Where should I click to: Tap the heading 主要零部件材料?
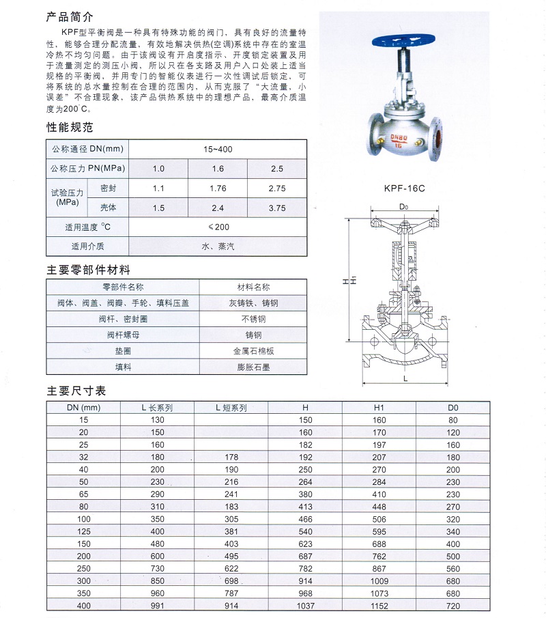pyautogui.click(x=88, y=270)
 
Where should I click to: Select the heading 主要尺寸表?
pyautogui.click(x=76, y=392)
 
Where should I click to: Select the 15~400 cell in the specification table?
pyautogui.click(x=217, y=149)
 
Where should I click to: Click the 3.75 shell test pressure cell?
pyautogui.click(x=277, y=208)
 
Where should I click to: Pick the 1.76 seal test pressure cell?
pyautogui.click(x=217, y=188)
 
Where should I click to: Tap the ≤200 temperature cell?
pyautogui.click(x=217, y=227)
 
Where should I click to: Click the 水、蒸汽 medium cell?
pyautogui.click(x=217, y=247)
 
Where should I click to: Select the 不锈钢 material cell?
pyautogui.click(x=253, y=319)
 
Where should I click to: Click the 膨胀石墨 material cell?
pyautogui.click(x=253, y=367)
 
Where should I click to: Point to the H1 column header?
pyautogui.click(x=379, y=408)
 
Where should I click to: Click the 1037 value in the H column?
pyautogui.click(x=305, y=606)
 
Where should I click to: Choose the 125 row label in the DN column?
pyautogui.click(x=83, y=531)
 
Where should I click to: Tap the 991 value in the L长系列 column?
pyautogui.click(x=158, y=606)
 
